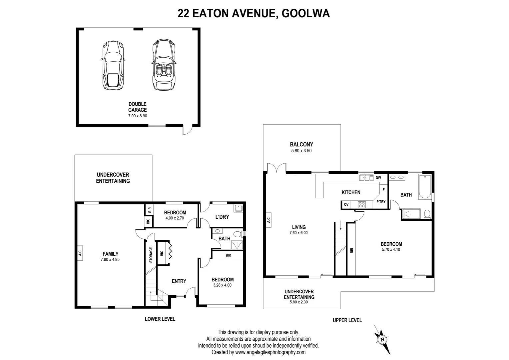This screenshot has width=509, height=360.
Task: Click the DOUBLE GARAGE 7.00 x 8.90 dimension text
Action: (138, 116)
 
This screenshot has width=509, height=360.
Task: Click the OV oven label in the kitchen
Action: (346, 204)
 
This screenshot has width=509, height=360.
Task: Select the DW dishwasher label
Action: (378, 178)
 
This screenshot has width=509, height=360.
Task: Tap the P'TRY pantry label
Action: (381, 202)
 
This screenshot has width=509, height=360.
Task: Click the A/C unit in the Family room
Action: (80, 253)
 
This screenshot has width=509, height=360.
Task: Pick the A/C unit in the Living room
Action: (268, 220)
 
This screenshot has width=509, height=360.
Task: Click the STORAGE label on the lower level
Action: (151, 255)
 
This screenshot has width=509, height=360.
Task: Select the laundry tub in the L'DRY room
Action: (238, 209)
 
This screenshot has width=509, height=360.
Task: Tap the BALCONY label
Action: (301, 144)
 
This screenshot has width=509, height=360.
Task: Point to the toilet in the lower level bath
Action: (238, 234)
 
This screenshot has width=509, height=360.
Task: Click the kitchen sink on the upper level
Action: (367, 178)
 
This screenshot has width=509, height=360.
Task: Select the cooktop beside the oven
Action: (361, 204)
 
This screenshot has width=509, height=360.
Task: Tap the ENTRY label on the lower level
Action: (179, 281)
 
